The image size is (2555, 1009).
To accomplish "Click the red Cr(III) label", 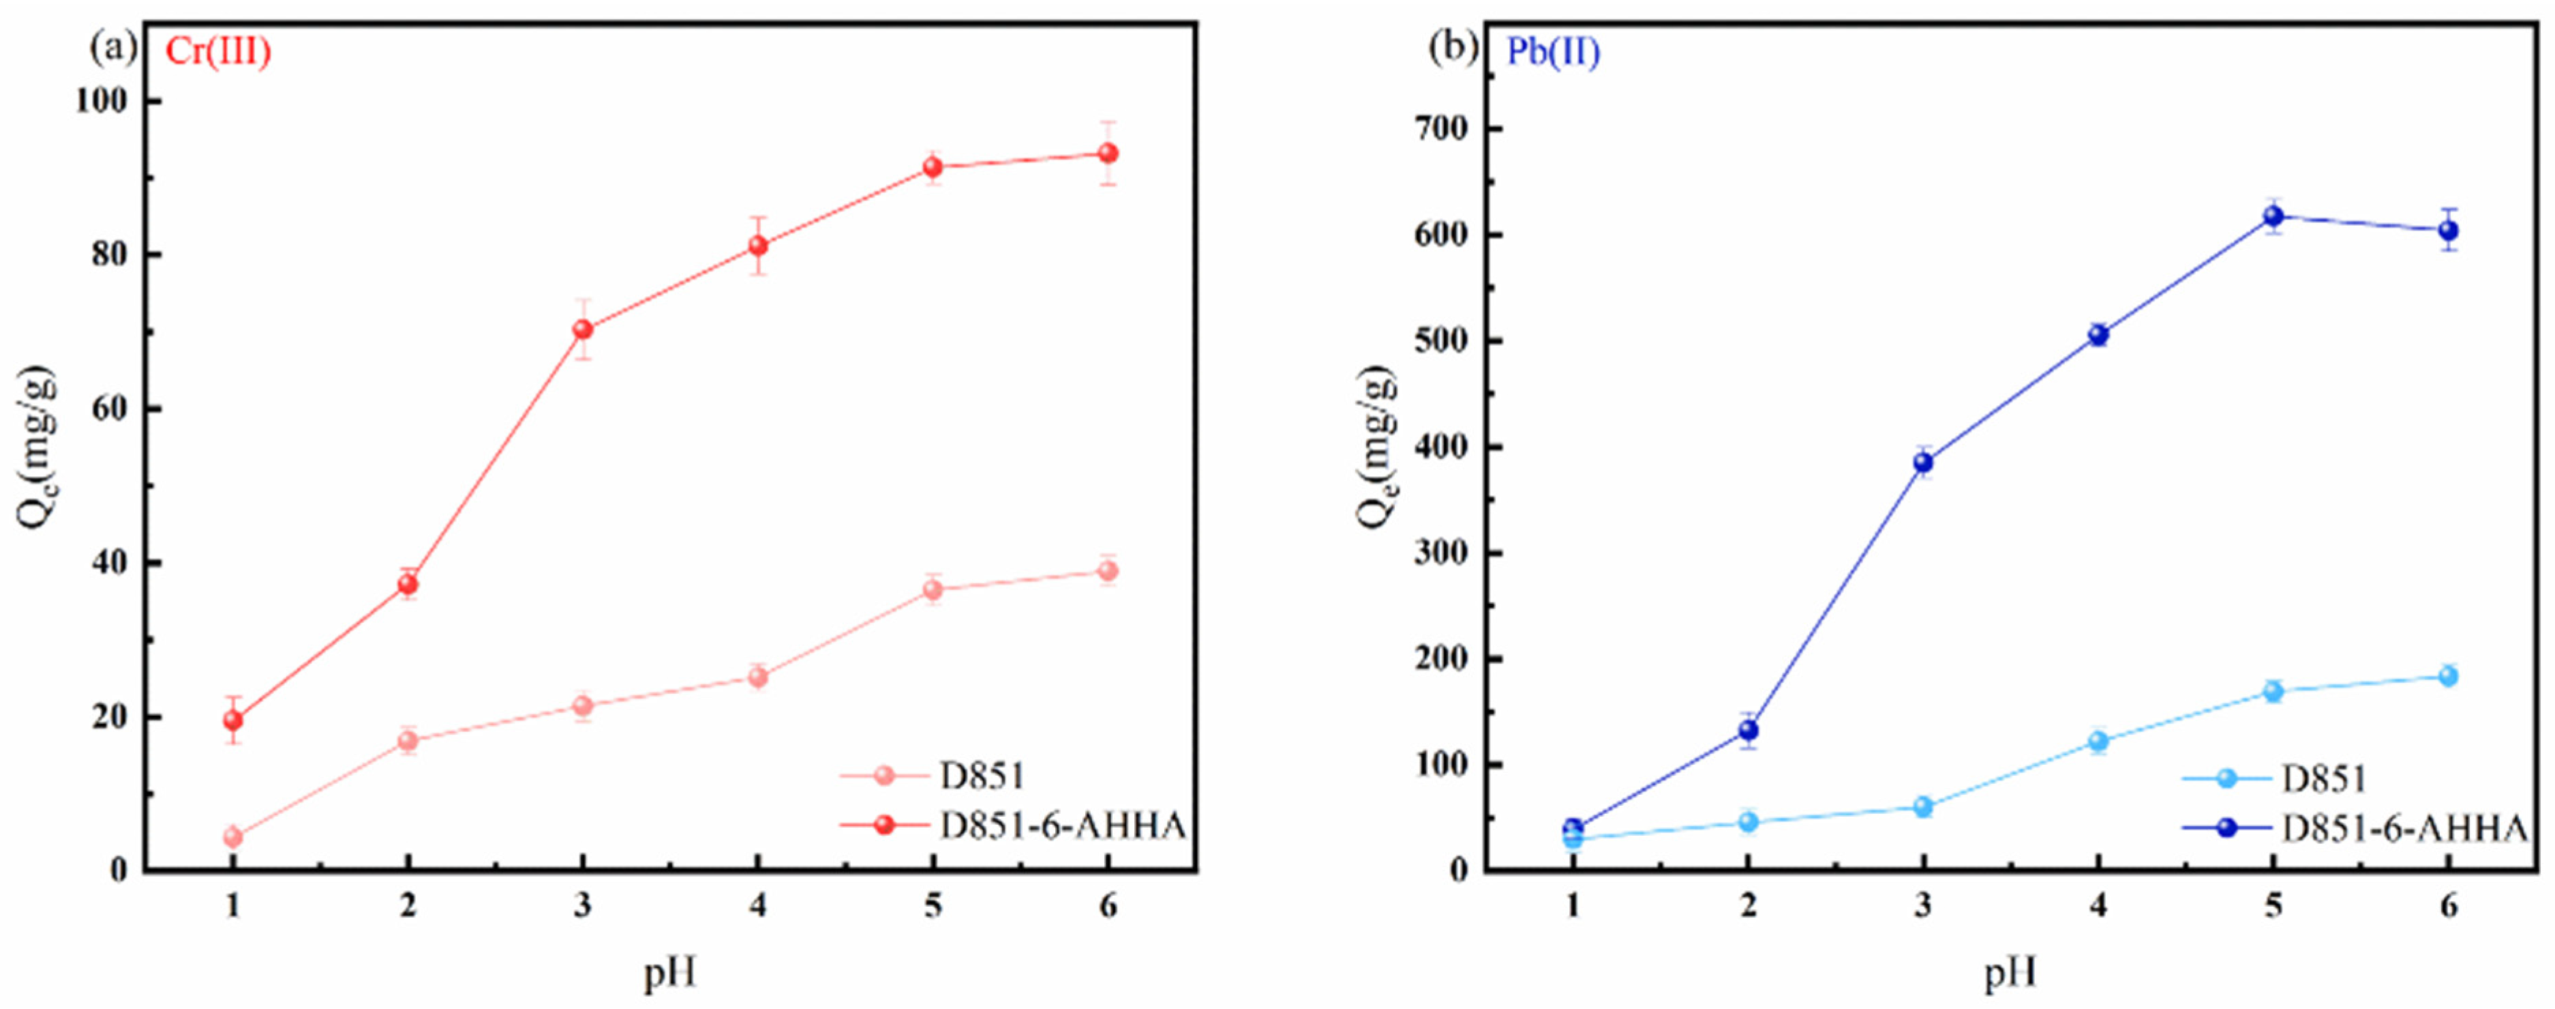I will click(217, 52).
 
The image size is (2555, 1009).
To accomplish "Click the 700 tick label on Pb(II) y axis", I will click(1444, 129).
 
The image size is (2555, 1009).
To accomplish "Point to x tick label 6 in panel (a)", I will click(1108, 906).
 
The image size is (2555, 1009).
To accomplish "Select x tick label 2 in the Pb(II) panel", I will click(1749, 906).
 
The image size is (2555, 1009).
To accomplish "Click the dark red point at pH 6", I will click(1108, 153).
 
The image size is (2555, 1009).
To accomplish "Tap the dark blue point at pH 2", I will click(1749, 730).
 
